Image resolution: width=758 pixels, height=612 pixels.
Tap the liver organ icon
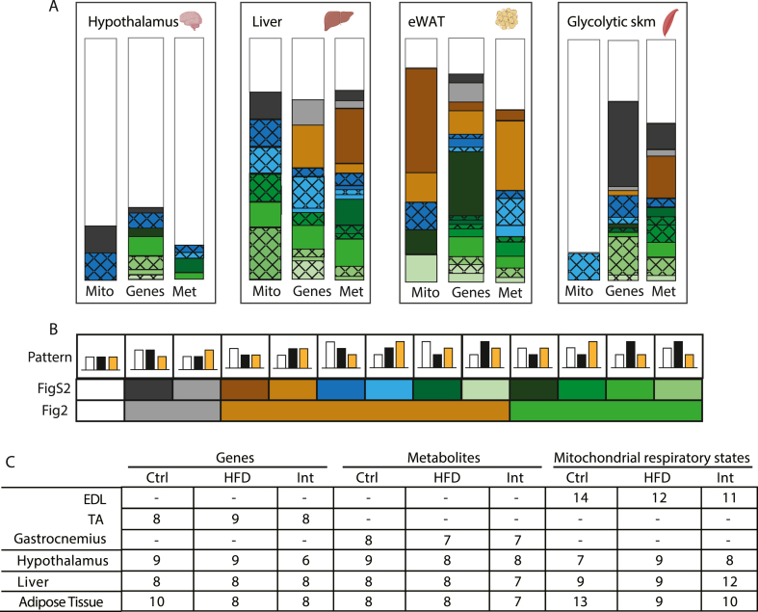point(339,20)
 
